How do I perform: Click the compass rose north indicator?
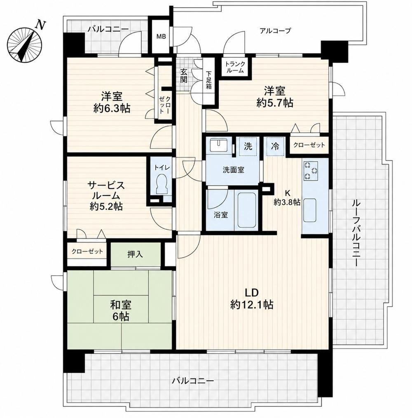[25, 42]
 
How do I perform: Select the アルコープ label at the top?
[275, 31]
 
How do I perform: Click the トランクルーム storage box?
[234, 67]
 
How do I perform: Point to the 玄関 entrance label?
[183, 76]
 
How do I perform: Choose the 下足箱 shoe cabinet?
[208, 80]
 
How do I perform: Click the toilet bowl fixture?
[161, 183]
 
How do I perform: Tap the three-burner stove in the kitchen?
[311, 170]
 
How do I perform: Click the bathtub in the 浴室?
[246, 210]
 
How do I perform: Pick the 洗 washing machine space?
[248, 146]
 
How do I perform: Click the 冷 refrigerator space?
[275, 146]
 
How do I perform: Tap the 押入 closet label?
[136, 254]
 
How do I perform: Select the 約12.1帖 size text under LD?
[252, 304]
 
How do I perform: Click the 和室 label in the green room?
[121, 305]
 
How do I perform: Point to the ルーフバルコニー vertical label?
[356, 232]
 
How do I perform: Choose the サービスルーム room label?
[106, 190]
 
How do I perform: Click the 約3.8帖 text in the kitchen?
[287, 202]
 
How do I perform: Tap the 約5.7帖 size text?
[275, 103]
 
